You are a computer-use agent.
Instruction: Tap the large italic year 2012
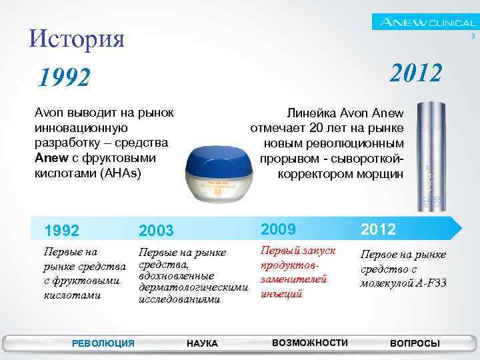click(415, 73)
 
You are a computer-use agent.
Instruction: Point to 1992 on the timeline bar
click(61, 231)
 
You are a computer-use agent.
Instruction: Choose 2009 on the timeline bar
click(279, 229)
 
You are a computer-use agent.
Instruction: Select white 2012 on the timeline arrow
click(379, 229)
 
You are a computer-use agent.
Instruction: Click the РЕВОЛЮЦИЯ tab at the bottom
click(103, 343)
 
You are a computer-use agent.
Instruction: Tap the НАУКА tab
click(202, 343)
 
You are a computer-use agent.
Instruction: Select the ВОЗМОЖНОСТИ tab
click(310, 343)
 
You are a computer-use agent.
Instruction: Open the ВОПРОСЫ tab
click(414, 343)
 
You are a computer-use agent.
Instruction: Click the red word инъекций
click(283, 293)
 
